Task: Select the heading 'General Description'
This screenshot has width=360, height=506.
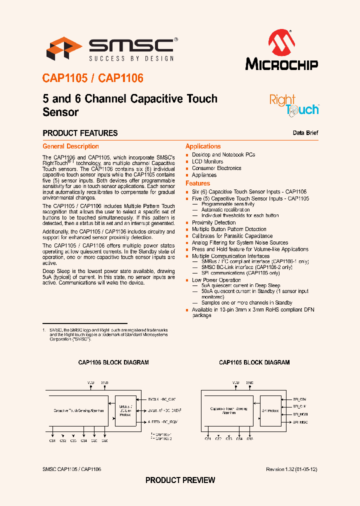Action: click(x=70, y=146)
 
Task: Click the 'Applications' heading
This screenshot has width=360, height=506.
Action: click(x=203, y=146)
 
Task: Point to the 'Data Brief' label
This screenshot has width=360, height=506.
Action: click(x=305, y=133)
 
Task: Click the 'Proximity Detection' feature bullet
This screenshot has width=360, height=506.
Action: click(x=213, y=222)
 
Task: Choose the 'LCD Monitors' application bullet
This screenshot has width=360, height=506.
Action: click(x=207, y=161)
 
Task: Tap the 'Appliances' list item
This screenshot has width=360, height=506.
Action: click(x=204, y=175)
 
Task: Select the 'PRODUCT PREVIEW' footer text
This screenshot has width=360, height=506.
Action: click(x=180, y=480)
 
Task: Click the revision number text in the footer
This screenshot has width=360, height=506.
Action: click(x=292, y=469)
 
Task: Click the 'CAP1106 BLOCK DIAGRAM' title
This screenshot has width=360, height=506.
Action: click(x=113, y=362)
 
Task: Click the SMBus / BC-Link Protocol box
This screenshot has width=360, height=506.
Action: click(x=125, y=411)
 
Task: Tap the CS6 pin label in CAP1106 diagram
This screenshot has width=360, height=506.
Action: click(x=104, y=440)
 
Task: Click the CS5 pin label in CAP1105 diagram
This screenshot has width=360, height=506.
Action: click(x=250, y=438)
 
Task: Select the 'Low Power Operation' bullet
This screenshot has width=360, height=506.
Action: click(x=216, y=280)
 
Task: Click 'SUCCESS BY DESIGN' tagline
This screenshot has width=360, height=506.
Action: click(x=131, y=58)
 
